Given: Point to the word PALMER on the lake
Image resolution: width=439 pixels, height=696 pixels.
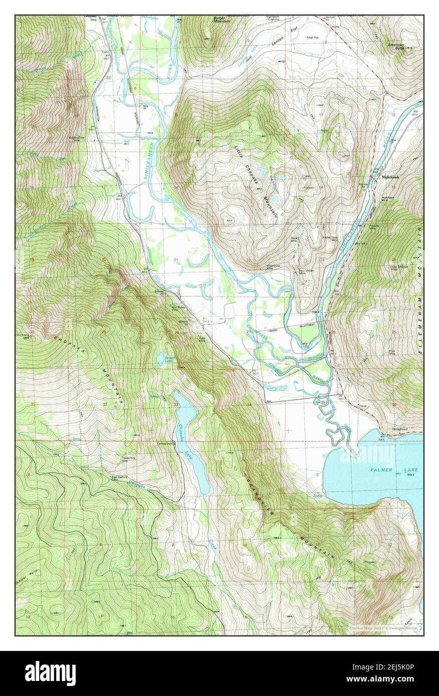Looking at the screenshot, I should pyautogui.click(x=383, y=470).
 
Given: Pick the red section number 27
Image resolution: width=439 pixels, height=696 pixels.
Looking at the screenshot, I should pyautogui.click(x=248, y=331).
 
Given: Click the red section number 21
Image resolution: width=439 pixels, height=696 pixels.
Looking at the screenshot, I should pyautogui.click(x=176, y=259).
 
